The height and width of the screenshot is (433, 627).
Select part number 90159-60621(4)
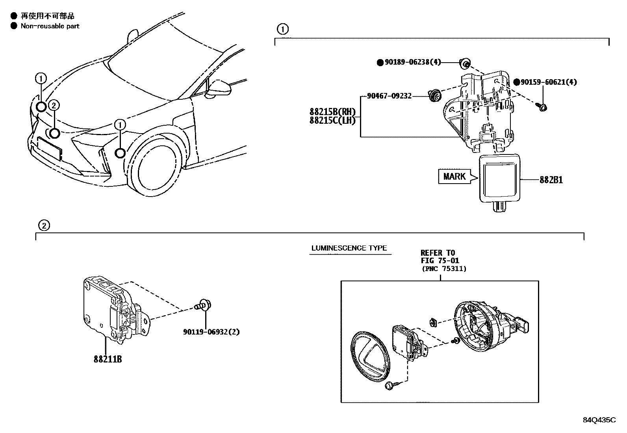pyautogui.click(x=549, y=82)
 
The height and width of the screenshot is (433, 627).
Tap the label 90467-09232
pyautogui.click(x=389, y=96)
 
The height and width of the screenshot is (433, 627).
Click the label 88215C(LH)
pyautogui.click(x=332, y=121)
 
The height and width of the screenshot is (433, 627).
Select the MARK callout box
pyautogui.click(x=454, y=176)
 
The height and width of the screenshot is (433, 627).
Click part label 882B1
pyautogui.click(x=551, y=180)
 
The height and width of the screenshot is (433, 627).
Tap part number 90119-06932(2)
pyautogui.click(x=211, y=332)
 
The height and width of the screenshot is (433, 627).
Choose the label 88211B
pyautogui.click(x=108, y=359)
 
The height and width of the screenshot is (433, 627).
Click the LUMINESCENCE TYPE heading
pyautogui.click(x=349, y=248)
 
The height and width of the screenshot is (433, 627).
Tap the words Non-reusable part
pyautogui.click(x=50, y=26)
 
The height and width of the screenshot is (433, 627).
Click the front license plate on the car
pyautogui.click(x=50, y=148)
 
